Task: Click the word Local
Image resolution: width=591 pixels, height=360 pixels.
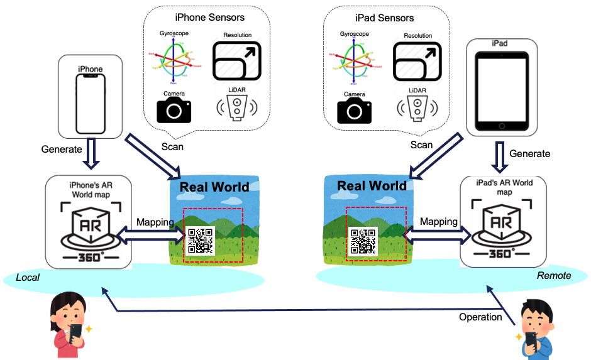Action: [x=28, y=278]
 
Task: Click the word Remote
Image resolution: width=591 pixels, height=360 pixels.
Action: [x=554, y=275]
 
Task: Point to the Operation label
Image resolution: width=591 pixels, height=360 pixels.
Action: [x=480, y=317]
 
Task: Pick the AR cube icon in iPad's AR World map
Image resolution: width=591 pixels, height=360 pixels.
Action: [x=501, y=223]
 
